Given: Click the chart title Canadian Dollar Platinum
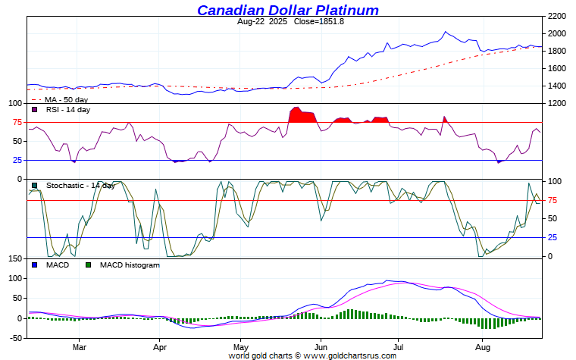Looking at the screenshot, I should (x=288, y=10).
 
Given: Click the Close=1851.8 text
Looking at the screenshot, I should (x=314, y=21).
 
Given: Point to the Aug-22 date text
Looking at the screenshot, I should (x=253, y=21).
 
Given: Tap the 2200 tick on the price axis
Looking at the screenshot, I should (x=557, y=16).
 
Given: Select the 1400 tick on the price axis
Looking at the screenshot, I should (x=557, y=86).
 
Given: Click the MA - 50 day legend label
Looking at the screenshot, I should (x=66, y=99).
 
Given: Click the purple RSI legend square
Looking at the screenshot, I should (x=33, y=110).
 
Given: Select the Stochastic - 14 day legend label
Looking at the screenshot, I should (x=80, y=185).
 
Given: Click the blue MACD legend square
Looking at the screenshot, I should (x=33, y=265).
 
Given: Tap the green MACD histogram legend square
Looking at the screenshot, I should (x=89, y=265).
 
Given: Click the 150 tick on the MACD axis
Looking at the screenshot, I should (x=13, y=259).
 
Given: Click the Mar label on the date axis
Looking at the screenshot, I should (x=80, y=347).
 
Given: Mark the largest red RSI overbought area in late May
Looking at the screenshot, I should (x=303, y=116).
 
